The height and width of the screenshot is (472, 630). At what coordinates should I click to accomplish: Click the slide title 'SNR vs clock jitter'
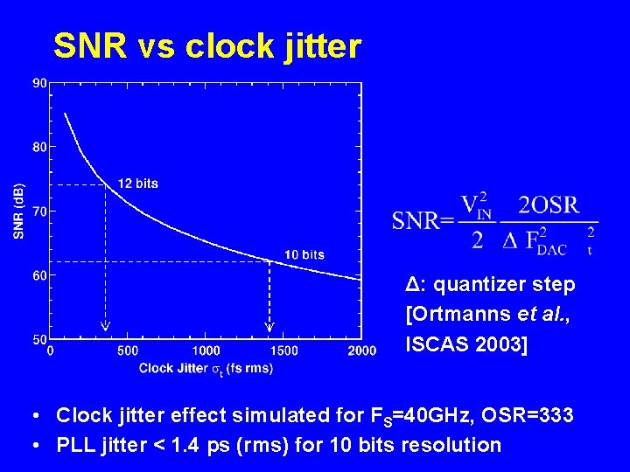point(206,46)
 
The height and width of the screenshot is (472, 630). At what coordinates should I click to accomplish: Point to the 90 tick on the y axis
point(40,83)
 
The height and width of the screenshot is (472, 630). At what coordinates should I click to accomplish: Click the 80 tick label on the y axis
point(40,147)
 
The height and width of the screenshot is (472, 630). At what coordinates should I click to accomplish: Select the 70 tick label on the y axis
point(40,211)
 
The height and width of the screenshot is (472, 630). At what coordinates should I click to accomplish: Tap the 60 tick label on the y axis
point(40,274)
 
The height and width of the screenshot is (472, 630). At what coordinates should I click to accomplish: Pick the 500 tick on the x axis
point(127,351)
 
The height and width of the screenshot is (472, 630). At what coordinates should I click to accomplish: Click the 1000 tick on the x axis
point(205,351)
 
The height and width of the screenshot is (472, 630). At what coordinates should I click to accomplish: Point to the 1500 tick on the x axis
point(283,351)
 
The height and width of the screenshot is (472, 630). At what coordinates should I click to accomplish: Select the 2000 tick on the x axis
point(361,351)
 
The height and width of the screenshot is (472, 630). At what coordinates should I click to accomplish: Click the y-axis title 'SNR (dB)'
point(19,211)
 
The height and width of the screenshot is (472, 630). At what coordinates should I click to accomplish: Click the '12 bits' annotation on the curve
point(138,184)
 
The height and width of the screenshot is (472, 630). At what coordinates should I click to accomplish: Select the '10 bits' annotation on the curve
point(304,254)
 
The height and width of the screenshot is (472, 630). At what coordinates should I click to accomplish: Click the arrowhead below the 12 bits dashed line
point(105,327)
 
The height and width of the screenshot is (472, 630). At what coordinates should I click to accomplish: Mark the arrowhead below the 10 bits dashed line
point(269,327)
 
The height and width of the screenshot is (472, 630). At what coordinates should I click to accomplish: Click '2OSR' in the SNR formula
point(549,205)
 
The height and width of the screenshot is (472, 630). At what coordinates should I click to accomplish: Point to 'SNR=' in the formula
point(423,220)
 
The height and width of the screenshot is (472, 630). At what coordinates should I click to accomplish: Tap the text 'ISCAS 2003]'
point(466,344)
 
